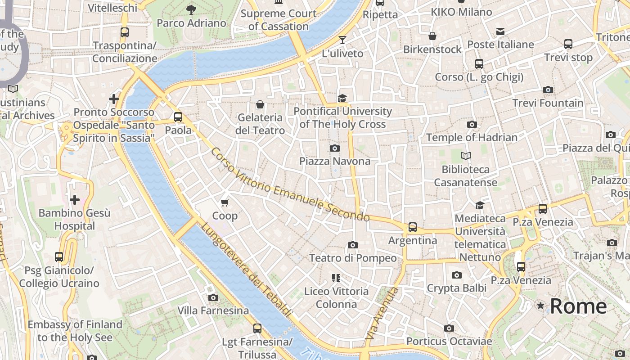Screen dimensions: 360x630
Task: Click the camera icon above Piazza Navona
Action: pyautogui.click(x=335, y=148)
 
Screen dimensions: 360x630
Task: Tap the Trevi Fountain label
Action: pyautogui.click(x=548, y=103)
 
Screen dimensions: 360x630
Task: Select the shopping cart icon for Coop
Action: pyautogui.click(x=225, y=202)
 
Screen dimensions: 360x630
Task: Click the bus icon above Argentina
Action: pyautogui.click(x=412, y=227)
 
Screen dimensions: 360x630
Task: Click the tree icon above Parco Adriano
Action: pyautogui.click(x=191, y=9)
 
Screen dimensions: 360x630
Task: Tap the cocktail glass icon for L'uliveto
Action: pyautogui.click(x=342, y=40)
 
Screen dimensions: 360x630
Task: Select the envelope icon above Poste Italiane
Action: pyautogui.click(x=500, y=31)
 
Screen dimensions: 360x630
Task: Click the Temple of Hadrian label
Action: pyautogui.click(x=472, y=137)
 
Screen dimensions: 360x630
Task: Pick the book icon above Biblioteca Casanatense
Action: pyautogui.click(x=466, y=156)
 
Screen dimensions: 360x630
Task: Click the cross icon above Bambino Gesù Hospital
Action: pyautogui.click(x=75, y=199)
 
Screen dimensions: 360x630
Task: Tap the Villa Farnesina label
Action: pyautogui.click(x=213, y=310)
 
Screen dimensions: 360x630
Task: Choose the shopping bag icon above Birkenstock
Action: pyautogui.click(x=432, y=36)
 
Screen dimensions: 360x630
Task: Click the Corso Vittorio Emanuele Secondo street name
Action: pyautogui.click(x=290, y=185)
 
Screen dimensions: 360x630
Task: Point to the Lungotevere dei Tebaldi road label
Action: pyautogui.click(x=246, y=270)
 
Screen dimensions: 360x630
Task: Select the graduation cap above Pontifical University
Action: pyautogui.click(x=342, y=98)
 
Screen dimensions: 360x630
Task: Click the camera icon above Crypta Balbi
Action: pyautogui.click(x=456, y=275)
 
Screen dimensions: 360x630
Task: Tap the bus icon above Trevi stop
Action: pyautogui.click(x=568, y=44)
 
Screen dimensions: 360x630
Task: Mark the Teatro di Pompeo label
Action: pyautogui.click(x=353, y=258)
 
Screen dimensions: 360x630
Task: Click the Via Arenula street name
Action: pyautogui.click(x=382, y=313)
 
